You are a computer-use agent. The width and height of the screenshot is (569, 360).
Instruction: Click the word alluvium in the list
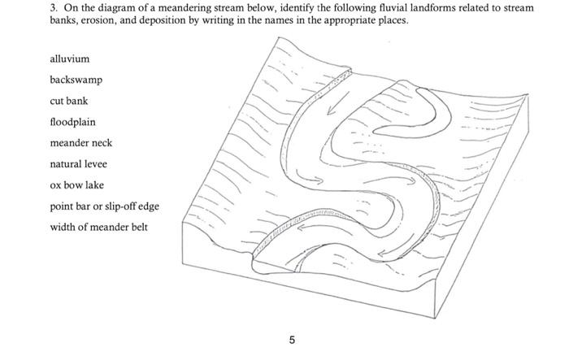tap(69, 59)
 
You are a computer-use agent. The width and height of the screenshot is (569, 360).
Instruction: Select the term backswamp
tap(76, 80)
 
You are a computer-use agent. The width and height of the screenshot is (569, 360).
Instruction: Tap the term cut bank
tap(68, 101)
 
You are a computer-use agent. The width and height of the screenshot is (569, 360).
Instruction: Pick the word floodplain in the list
tap(72, 122)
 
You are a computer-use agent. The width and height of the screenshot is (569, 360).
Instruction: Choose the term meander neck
tap(80, 143)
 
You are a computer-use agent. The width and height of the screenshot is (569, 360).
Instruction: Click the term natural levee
tap(78, 164)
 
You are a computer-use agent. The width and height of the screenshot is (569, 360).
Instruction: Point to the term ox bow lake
tap(76, 185)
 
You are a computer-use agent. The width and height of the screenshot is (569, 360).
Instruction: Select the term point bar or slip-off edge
tap(104, 206)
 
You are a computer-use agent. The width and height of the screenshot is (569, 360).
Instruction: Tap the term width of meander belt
tap(98, 228)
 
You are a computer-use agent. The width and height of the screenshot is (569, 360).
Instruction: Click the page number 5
tap(292, 339)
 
